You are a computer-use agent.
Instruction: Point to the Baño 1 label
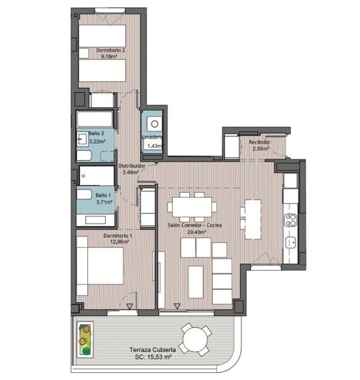pos(102,195)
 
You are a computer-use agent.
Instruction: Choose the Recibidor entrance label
pos(259,143)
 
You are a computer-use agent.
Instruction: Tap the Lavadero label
pos(152,137)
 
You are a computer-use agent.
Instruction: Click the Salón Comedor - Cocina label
pos(193,224)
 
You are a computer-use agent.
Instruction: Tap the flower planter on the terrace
pos(85,337)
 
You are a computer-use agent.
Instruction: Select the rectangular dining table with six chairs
pos(193,207)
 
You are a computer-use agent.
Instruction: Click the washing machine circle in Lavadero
pos(151,121)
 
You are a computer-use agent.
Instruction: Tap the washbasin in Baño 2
pos(81,140)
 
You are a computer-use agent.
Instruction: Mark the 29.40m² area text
pos(193,231)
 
